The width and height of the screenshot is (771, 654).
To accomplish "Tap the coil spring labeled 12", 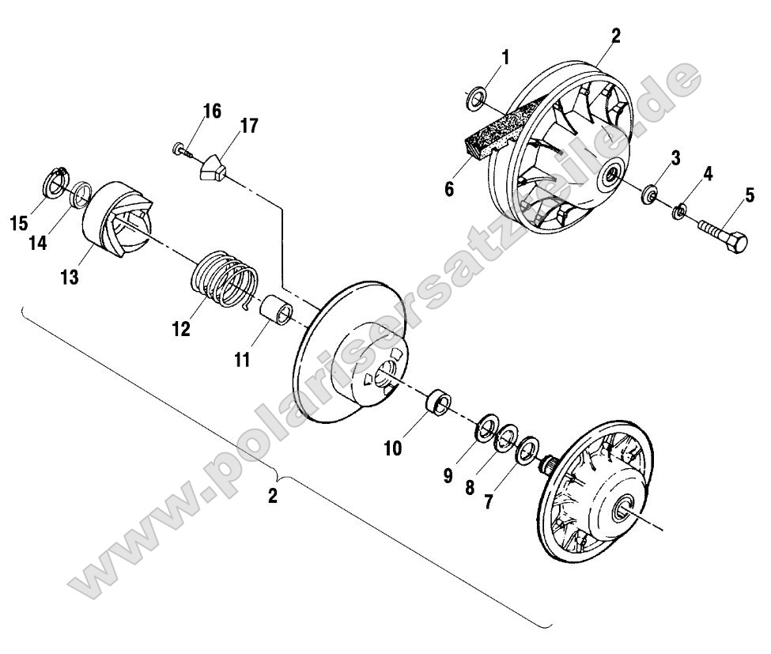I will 226,280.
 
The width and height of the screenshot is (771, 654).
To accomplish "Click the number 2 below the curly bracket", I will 273,497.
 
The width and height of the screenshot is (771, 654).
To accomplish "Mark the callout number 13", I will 70,278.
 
